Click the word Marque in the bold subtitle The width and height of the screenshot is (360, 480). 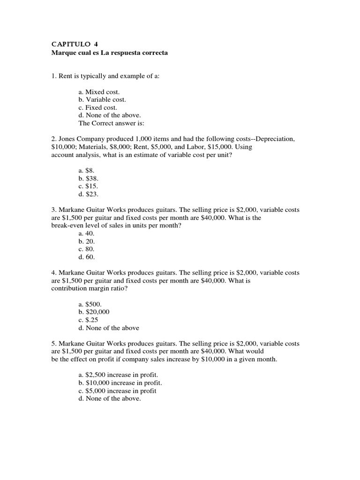click(62, 53)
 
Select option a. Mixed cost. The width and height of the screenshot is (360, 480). click(99, 92)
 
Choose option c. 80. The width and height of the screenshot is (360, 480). click(87, 249)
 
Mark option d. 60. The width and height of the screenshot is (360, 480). click(87, 257)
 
